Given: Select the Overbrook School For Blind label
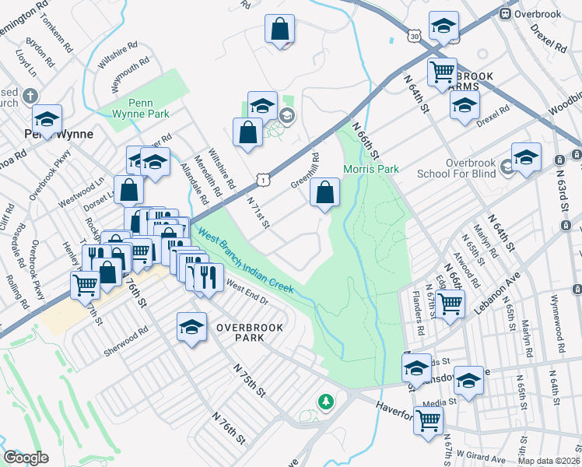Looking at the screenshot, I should click(459, 168).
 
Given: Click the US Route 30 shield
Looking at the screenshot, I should click(415, 36).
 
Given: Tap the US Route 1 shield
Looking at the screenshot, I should click(266, 180).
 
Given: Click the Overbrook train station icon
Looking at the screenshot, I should click(505, 12).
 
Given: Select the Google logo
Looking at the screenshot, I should click(26, 458).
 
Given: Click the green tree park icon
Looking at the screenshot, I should click(326, 402).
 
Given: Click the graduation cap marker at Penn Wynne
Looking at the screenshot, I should click(47, 120).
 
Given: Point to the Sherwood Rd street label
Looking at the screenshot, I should click(125, 342).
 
